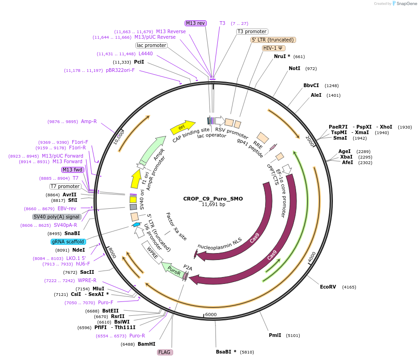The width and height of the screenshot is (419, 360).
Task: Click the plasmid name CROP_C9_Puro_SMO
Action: (x=213, y=199)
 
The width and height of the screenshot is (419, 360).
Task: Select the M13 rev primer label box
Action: (x=196, y=23)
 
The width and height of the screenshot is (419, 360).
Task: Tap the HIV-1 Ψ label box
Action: (x=274, y=48)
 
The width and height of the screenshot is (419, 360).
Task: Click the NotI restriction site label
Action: (x=294, y=68)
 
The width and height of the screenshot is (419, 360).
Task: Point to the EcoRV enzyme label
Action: (x=328, y=287)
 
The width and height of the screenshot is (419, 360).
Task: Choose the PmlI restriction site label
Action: (x=275, y=335)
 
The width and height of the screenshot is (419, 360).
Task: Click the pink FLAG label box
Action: (x=164, y=352)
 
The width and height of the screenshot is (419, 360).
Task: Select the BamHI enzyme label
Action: (x=146, y=344)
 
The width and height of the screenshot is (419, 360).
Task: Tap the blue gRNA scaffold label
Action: (x=68, y=242)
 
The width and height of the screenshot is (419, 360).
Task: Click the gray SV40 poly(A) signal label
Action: (x=57, y=217)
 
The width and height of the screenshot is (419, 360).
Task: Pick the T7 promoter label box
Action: (x=65, y=186)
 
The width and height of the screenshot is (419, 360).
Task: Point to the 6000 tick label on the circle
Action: (x=210, y=314)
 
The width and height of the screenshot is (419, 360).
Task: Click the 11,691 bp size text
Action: (x=213, y=205)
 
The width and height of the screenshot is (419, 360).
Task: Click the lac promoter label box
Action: (x=151, y=45)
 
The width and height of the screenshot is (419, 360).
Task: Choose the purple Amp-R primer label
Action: (x=89, y=122)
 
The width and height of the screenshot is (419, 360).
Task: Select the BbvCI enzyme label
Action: (x=311, y=85)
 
